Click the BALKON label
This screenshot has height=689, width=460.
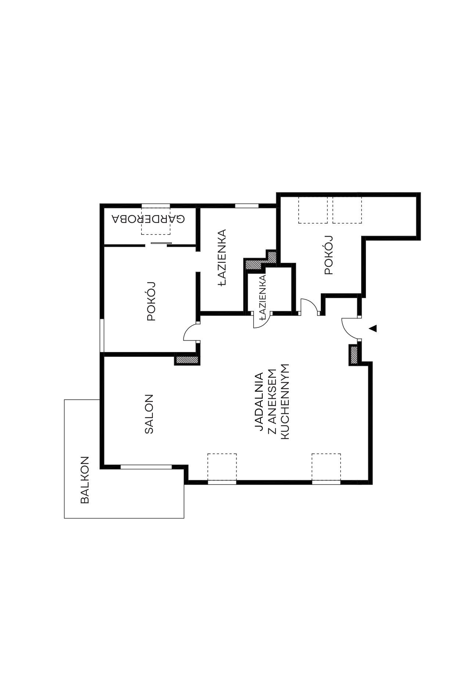pos(85,480)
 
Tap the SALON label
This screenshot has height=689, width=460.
pos(149,414)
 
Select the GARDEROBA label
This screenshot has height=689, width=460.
pos(148,219)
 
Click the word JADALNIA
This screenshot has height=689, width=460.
pos(259,402)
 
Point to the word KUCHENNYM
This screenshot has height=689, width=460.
pos(285,402)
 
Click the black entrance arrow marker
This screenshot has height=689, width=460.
pos(373,328)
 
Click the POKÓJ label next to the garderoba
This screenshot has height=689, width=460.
pos(151,301)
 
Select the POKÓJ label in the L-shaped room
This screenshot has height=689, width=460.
pos(328,255)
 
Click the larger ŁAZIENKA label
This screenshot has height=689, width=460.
pos(222,257)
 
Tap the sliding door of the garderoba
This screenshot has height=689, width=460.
pos(161,243)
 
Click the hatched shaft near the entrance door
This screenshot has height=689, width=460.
pos(354,355)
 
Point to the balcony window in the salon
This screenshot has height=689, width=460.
pos(146,467)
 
